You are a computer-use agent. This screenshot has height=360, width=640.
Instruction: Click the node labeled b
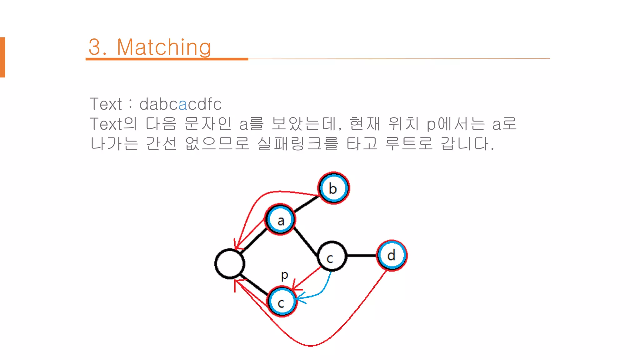333,188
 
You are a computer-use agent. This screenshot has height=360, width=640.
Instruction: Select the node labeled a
280,220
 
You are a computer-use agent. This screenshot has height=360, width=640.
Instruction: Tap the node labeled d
392,255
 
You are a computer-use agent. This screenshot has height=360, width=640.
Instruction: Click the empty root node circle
230,263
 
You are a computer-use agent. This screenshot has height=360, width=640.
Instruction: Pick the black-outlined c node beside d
332,256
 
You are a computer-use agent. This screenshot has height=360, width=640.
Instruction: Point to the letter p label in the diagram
284,275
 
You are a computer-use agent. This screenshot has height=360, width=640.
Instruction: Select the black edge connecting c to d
362,256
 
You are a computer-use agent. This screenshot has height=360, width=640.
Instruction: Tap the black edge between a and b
306,204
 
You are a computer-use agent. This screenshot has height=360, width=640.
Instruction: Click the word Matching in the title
164,47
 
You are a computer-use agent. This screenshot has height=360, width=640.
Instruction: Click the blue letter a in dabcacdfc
182,104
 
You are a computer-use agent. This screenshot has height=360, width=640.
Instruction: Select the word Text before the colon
106,104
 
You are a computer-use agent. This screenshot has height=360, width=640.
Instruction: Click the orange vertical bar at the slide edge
2,57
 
